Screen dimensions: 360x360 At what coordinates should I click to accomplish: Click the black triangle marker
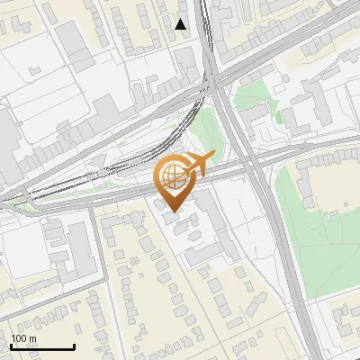181,24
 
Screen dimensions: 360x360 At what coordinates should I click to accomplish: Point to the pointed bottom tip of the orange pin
175,212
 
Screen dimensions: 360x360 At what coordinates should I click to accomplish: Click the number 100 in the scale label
19,338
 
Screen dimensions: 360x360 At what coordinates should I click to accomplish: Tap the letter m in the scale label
31,338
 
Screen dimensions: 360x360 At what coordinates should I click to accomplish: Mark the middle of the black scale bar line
42,346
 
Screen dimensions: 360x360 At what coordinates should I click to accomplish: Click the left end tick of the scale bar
11,346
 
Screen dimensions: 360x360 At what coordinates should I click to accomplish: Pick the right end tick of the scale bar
74,346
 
